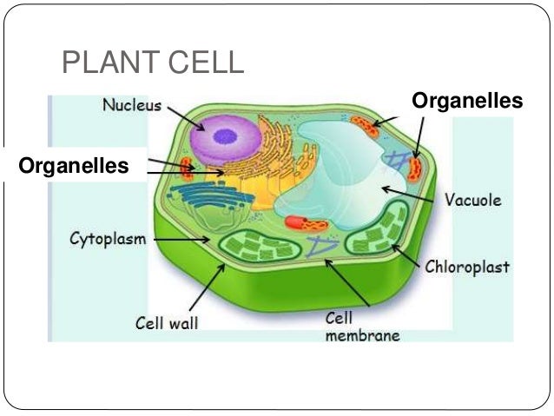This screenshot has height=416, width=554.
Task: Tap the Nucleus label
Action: click(131, 106)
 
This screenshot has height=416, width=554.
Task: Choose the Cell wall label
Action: click(167, 323)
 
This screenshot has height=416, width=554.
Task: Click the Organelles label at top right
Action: click(466, 102)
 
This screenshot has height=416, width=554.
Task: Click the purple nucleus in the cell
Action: click(221, 136)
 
